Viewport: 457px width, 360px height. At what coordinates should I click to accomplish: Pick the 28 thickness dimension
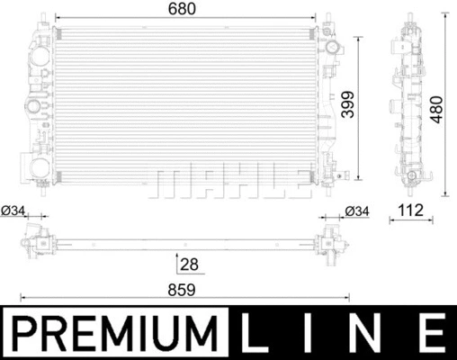[188, 265]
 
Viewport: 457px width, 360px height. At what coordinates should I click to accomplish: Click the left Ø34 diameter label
[13, 211]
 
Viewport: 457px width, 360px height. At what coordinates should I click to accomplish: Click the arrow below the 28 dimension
[175, 260]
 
